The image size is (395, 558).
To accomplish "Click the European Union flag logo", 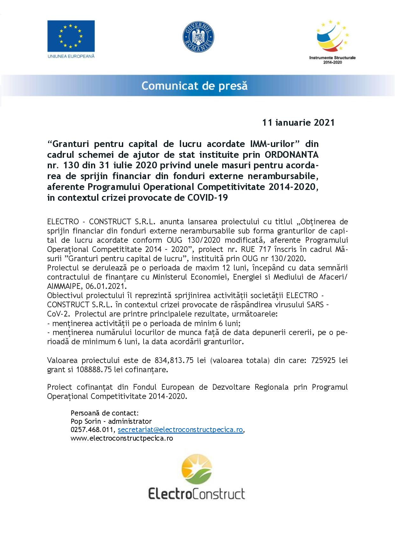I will [x=71, y=36].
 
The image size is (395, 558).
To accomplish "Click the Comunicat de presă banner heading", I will [x=194, y=86].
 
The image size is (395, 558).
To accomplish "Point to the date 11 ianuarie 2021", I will [x=298, y=123].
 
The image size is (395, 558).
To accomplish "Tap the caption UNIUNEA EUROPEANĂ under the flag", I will [x=71, y=56].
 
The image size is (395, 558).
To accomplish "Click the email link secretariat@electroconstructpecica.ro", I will [x=180, y=430].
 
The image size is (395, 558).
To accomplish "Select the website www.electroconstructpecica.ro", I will [x=122, y=438].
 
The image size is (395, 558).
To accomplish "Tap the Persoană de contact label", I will [x=105, y=413].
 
